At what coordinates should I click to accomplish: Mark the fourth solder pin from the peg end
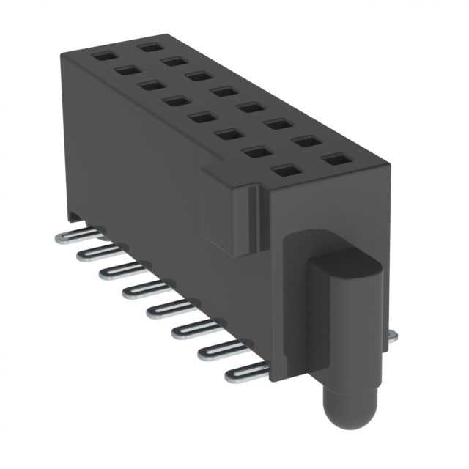point(162,311)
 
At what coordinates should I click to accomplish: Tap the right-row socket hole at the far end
point(151,46)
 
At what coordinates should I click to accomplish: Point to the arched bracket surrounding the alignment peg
point(293,308)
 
